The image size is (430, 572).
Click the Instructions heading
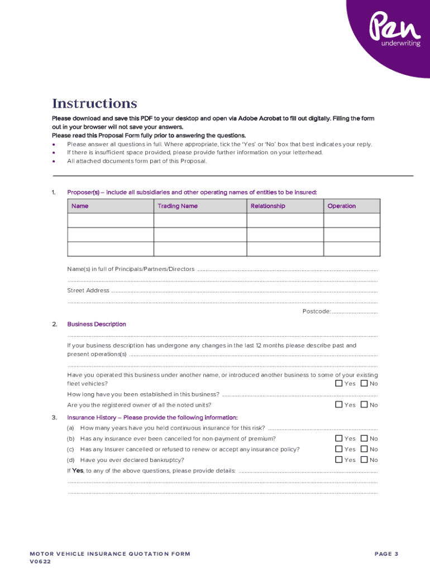pos(94,104)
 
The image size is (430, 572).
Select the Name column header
pos(80,206)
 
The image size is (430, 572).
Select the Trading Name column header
pos(177,206)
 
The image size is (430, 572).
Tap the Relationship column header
pos(267,206)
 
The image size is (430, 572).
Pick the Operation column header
pos(341,206)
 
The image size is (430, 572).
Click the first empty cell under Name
pos(110,221)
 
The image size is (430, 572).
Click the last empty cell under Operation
pos(352,249)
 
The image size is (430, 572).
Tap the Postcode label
pos(317,311)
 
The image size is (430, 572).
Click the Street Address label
pos(88,290)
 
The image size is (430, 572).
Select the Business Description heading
pos(97,324)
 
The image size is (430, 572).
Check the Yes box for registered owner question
pos(339,404)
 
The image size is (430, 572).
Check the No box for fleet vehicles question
pos(365,383)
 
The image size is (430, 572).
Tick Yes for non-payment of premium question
pos(339,438)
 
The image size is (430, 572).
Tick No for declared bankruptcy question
pos(365,460)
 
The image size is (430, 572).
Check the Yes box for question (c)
pos(339,449)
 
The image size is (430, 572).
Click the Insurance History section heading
pos(152,417)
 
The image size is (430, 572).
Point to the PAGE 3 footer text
pos(386,554)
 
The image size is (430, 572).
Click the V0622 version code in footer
pos(40,562)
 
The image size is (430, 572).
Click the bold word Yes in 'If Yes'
pos(78,470)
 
